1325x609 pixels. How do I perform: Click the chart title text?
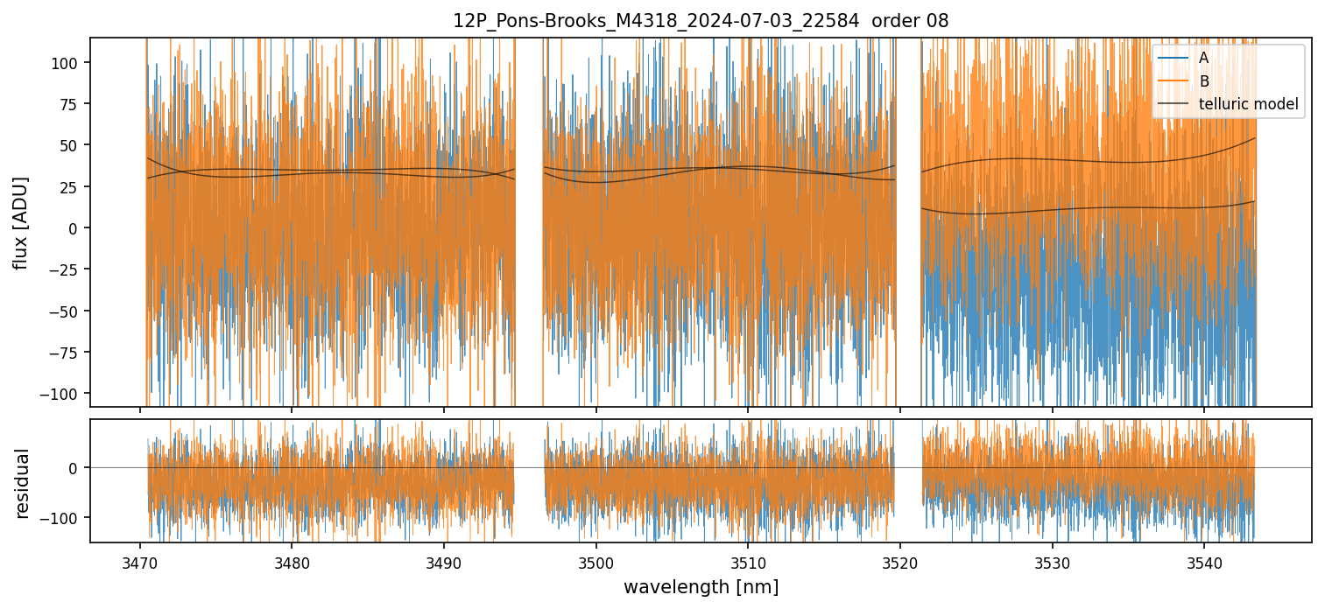(x=700, y=21)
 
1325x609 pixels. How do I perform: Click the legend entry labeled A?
(x=1203, y=58)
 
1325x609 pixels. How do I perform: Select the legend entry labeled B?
(x=1203, y=81)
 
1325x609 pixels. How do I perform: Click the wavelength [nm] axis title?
(x=701, y=586)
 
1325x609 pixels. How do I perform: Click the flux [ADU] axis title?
(x=20, y=222)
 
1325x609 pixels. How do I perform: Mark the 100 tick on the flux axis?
(x=71, y=63)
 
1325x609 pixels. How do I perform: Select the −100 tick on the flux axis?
(x=67, y=393)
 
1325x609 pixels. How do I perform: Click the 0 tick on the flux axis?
(x=79, y=228)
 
